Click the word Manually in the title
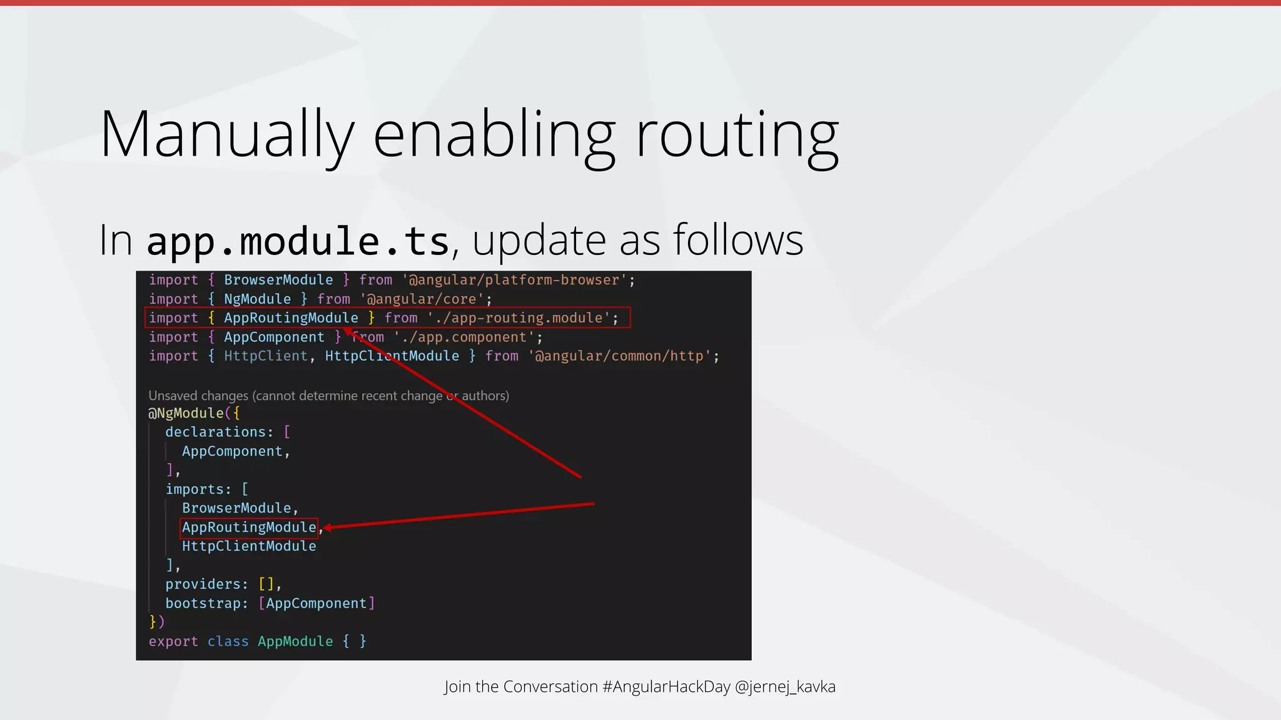(x=227, y=134)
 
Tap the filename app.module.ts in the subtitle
(x=298, y=241)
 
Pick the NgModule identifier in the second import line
(x=257, y=299)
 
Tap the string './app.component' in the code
(x=464, y=337)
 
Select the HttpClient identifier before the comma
(x=266, y=356)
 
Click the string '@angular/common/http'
(x=620, y=356)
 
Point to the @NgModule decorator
(x=186, y=413)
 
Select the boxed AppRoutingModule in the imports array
(x=249, y=527)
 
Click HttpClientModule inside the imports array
(x=249, y=546)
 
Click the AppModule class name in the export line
(x=295, y=642)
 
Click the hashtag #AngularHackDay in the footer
(x=666, y=687)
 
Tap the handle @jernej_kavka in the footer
(x=785, y=687)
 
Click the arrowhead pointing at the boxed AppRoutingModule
(x=328, y=528)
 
